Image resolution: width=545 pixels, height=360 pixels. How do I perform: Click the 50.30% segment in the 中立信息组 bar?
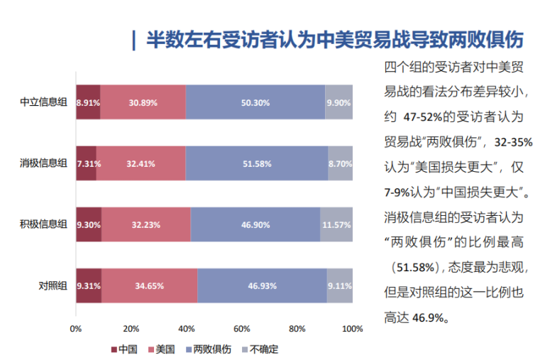coord(255,102)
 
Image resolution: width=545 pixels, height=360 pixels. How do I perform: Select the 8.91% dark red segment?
coord(88,102)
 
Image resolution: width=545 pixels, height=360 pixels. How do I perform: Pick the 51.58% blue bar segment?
coord(256,163)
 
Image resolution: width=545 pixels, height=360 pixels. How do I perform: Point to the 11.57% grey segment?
coord(336,224)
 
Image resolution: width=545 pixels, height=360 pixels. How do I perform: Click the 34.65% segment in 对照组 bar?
coord(149,285)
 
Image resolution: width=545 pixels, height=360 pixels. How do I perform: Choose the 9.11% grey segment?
coord(339,285)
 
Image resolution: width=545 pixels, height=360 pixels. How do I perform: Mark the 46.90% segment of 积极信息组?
coord(255,224)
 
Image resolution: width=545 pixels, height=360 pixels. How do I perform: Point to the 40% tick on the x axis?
coord(186,329)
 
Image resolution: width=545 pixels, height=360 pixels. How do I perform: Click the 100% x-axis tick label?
coord(353,329)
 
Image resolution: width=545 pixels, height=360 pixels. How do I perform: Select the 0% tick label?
coord(76,329)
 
